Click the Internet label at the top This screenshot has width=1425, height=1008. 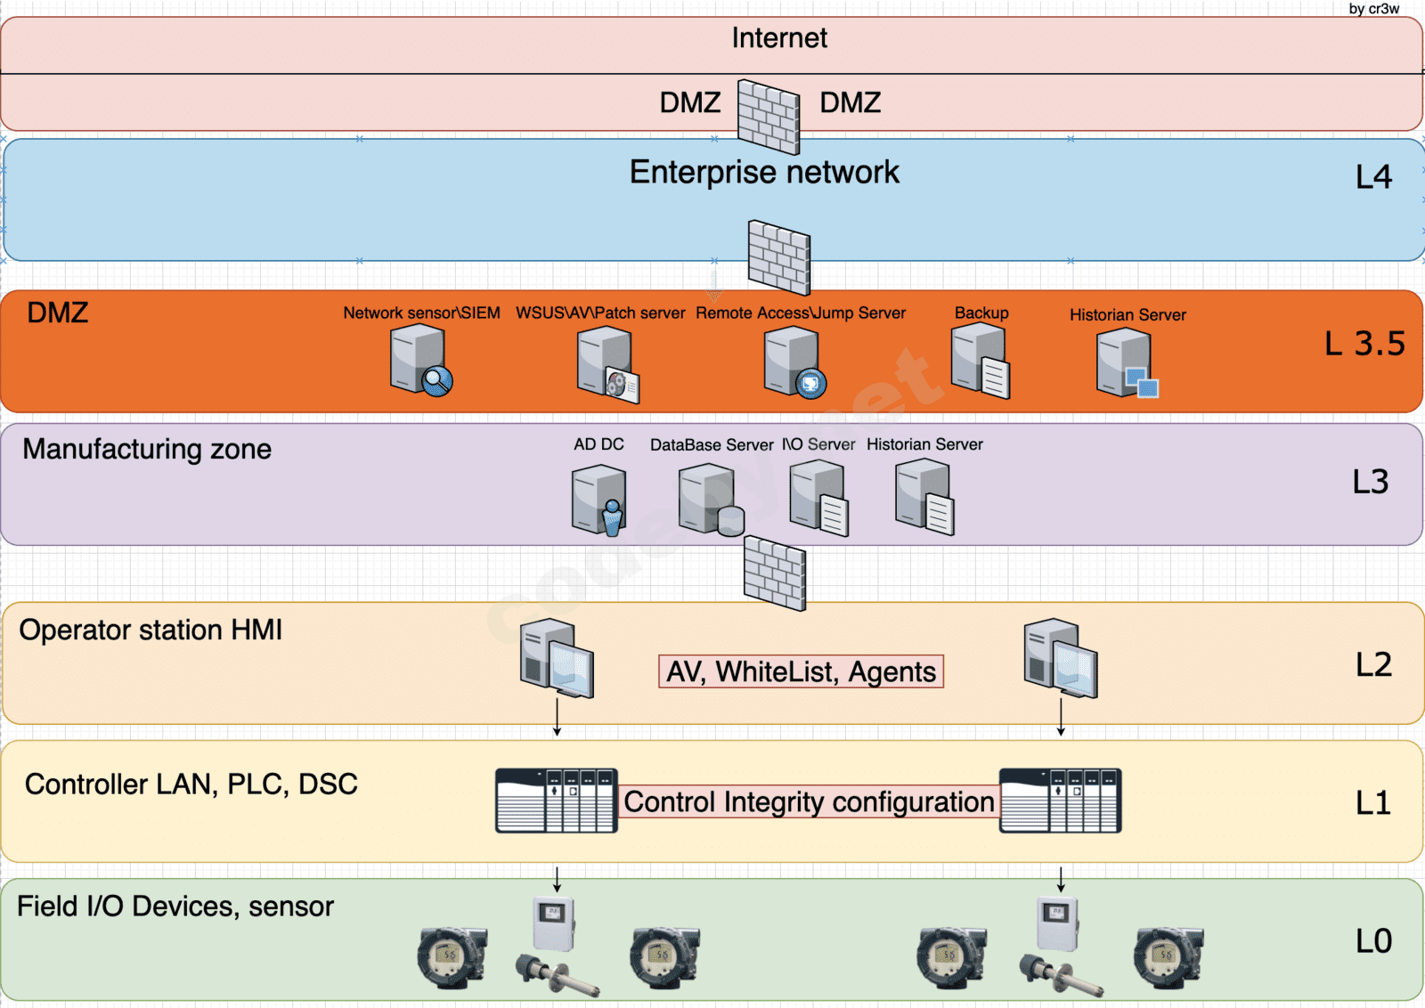coord(779,38)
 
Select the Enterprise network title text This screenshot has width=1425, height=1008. coord(764,172)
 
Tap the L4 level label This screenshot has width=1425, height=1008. coord(1373,177)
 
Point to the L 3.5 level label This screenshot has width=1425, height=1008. coord(1364,344)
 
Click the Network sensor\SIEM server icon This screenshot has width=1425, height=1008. coord(420,360)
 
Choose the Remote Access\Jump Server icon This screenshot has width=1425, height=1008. coord(794,362)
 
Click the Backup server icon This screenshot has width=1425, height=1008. coord(980,361)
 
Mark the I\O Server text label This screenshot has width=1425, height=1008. coord(818,444)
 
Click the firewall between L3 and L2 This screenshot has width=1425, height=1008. coord(775,573)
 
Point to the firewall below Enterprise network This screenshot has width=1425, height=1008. coord(779,257)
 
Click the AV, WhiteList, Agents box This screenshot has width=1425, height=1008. coord(801,671)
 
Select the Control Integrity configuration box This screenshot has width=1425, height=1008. coord(809,801)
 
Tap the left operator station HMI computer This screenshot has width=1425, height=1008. coord(557,658)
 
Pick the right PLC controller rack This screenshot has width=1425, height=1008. coord(1060,801)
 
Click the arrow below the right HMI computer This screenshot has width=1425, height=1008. coord(1061,718)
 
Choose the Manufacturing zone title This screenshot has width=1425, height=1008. coord(147,449)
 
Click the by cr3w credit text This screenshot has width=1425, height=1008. coord(1373,9)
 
